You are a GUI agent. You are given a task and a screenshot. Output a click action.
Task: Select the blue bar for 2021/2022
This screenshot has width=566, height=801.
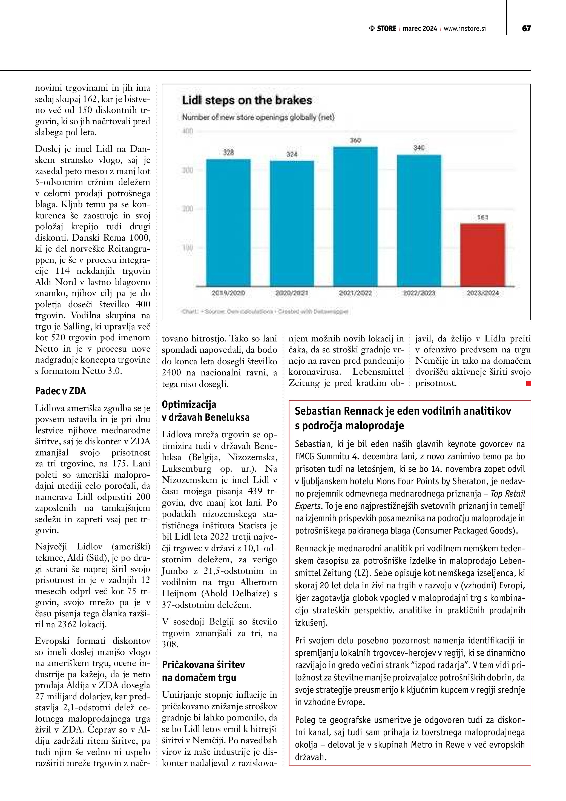[x=355, y=216]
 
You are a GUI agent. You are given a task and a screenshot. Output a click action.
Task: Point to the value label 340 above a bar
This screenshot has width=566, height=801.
[x=419, y=148]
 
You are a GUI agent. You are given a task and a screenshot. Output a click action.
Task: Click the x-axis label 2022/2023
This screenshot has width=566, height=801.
[x=419, y=293]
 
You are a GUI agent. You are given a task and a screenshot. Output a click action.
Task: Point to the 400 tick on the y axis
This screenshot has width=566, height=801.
[x=188, y=131]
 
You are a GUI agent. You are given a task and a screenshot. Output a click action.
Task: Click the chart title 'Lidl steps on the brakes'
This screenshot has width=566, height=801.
[x=247, y=101]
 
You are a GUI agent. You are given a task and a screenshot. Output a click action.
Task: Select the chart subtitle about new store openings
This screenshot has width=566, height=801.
[x=258, y=117]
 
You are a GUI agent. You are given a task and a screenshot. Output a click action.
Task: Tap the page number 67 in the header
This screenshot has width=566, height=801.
[x=526, y=28]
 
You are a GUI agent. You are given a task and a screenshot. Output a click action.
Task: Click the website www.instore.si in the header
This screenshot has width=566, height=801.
[x=465, y=28]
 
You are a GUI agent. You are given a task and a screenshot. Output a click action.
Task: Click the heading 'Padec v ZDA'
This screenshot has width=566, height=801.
[x=60, y=391]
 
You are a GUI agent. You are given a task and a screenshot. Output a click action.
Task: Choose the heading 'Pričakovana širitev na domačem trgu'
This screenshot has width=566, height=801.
[x=203, y=671]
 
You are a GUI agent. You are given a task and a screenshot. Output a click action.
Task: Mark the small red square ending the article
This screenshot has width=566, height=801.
[x=528, y=383]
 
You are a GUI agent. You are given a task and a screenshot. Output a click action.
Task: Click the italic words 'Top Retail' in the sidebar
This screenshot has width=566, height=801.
[x=508, y=494]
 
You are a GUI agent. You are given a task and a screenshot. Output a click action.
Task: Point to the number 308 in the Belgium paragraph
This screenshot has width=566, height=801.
[x=170, y=644]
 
